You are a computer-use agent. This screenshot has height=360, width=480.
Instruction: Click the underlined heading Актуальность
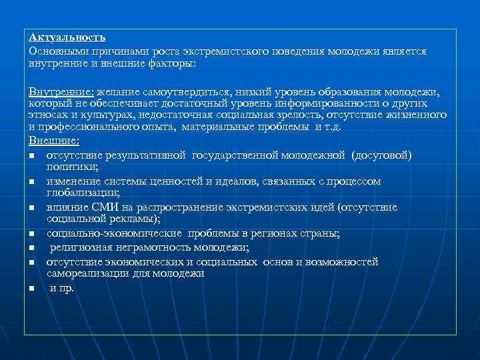[x=67, y=37]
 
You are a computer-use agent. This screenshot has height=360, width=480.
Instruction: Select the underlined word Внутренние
[x=61, y=91]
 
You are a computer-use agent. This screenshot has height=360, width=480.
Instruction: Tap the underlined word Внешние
[x=53, y=141]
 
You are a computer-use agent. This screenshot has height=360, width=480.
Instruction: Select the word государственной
[x=241, y=155]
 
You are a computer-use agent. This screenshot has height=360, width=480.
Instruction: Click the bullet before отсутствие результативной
[x=32, y=156]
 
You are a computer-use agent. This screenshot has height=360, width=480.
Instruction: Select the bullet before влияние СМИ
[x=32, y=208]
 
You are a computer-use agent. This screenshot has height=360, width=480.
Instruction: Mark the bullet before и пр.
[x=32, y=289]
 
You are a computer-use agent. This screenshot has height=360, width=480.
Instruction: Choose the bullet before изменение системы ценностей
[x=32, y=182]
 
